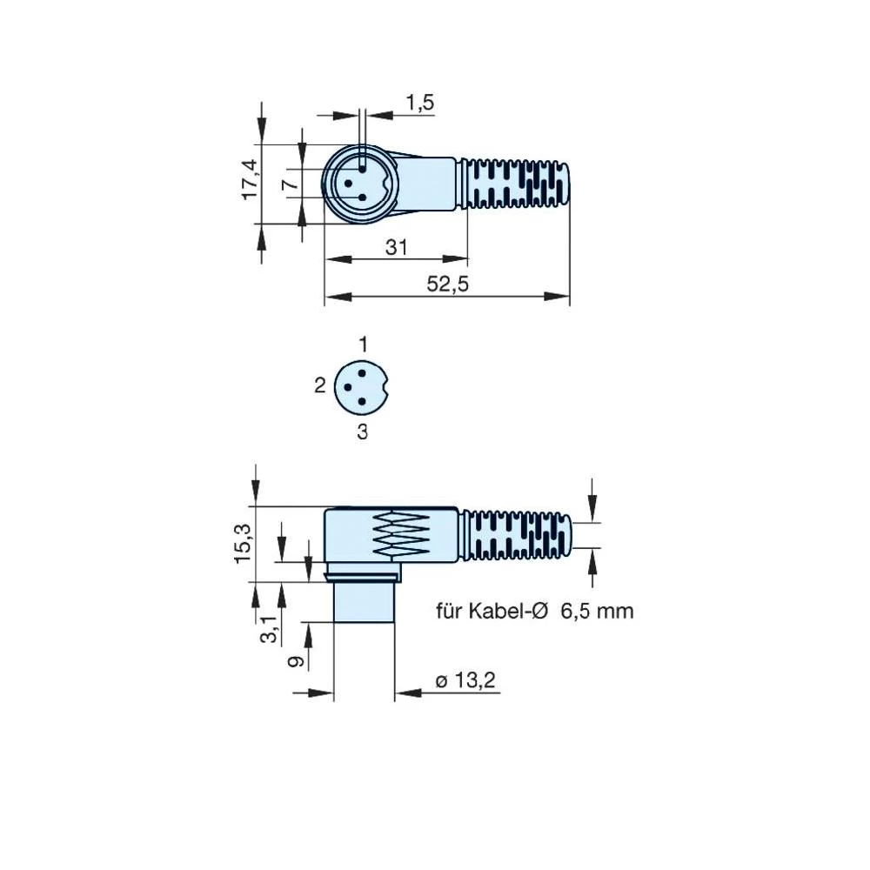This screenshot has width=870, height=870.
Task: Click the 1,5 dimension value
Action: pos(419,103)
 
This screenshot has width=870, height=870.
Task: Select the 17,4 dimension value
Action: pos(251,180)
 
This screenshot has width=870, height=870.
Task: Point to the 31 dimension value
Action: pos(396,248)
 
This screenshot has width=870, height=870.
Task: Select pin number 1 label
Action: pos(364,345)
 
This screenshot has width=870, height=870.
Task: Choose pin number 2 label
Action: pos(319,385)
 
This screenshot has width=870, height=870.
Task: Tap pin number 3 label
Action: pos(363,431)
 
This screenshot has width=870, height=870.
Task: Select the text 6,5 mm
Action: pos(597,611)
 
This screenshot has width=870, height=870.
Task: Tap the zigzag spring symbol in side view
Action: pos(401,534)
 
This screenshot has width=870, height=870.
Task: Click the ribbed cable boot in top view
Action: pos(515,184)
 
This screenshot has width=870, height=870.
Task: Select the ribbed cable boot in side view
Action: pos(517,534)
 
